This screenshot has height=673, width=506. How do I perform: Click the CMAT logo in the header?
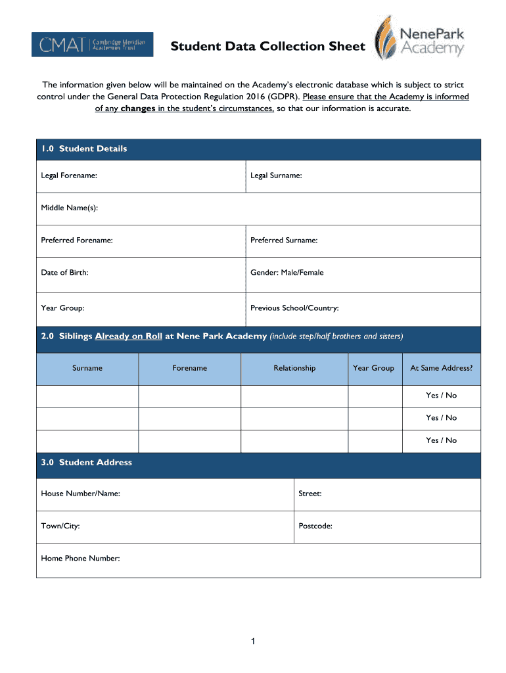coord(92,45)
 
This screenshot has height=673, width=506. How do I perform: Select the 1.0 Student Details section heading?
coord(83,149)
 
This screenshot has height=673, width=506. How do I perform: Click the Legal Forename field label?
coord(69,175)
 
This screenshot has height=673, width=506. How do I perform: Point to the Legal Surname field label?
coord(276,175)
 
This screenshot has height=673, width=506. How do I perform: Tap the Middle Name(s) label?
coord(69,208)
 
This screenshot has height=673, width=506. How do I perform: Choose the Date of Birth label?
coord(64,272)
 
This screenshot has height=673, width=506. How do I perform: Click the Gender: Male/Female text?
coord(287,272)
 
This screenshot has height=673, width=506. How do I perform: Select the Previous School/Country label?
coord(294,308)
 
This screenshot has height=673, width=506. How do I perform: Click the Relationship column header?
coord(294,368)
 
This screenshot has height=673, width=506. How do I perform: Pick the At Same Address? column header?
coord(441,368)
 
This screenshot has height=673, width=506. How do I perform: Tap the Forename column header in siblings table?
coord(190,368)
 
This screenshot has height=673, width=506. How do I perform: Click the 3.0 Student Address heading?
coord(86,462)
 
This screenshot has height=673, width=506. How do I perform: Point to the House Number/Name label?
coord(80,493)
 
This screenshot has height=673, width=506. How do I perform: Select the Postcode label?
coord(315,526)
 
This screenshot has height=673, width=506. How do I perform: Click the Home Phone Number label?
coord(80,558)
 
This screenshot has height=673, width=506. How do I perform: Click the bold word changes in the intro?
coord(137,108)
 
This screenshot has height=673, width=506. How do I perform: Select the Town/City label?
coord(60,526)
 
